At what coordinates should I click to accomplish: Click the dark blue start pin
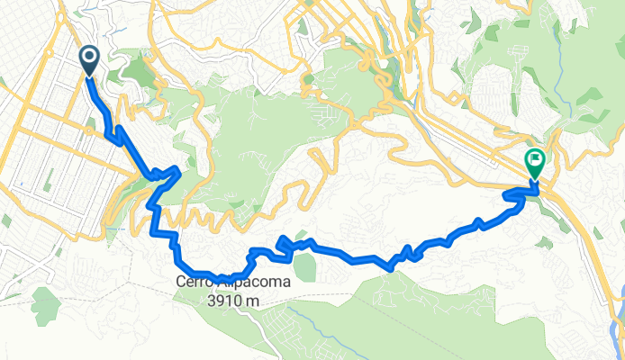pos(91,59)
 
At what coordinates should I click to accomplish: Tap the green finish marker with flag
pos(534,162)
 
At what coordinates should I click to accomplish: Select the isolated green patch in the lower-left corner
pos(45,306)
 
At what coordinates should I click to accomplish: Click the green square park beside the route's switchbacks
pos(305,266)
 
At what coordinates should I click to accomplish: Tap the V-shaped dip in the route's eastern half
pos(390,266)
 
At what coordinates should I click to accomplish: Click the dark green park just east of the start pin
pos(135,67)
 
